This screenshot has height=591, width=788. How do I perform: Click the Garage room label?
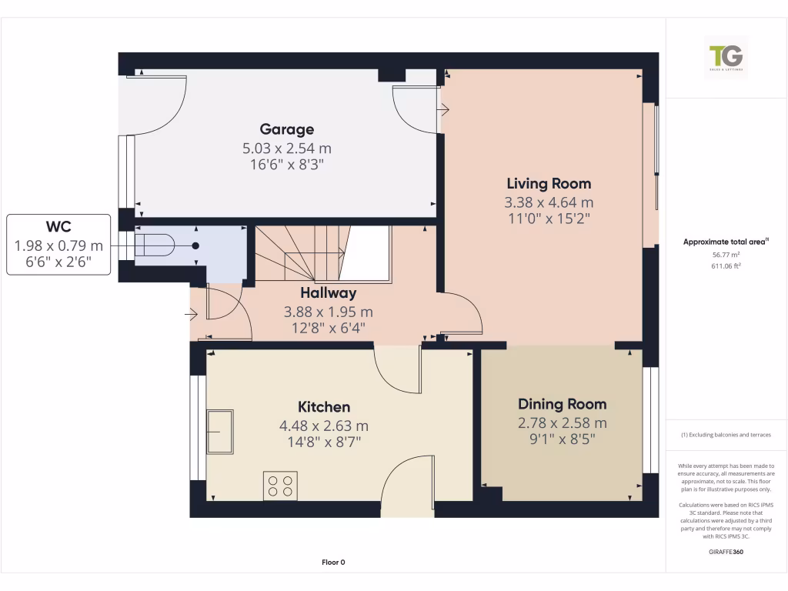(286, 129)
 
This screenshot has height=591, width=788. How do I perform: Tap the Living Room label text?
(548, 183)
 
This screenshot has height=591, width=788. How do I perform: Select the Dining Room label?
(562, 404)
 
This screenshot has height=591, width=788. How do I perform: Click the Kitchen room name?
(324, 407)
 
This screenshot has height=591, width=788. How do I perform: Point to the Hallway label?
(329, 293)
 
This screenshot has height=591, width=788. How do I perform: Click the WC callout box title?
(58, 228)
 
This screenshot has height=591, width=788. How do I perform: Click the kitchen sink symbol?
(219, 432)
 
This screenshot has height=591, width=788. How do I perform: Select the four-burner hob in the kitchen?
(280, 486)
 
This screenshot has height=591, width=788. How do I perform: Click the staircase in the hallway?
(300, 254)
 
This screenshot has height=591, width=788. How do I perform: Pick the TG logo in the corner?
(726, 57)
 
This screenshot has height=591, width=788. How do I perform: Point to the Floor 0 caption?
(333, 563)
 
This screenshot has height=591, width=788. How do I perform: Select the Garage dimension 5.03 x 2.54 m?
(286, 148)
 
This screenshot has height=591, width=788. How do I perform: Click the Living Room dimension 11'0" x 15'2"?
(548, 218)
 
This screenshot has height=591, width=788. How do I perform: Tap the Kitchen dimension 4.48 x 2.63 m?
(324, 426)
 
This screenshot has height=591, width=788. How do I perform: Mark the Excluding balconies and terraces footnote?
(726, 435)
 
